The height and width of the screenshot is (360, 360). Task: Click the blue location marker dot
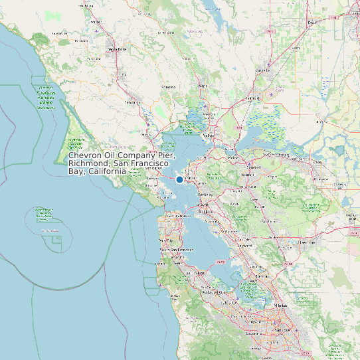click(179, 179)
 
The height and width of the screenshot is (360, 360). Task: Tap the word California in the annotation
click(107, 171)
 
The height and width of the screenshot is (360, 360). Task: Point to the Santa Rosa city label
click(117, 48)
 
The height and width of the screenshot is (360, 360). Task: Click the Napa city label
click(203, 86)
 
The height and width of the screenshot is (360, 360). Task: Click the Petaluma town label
click(132, 102)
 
